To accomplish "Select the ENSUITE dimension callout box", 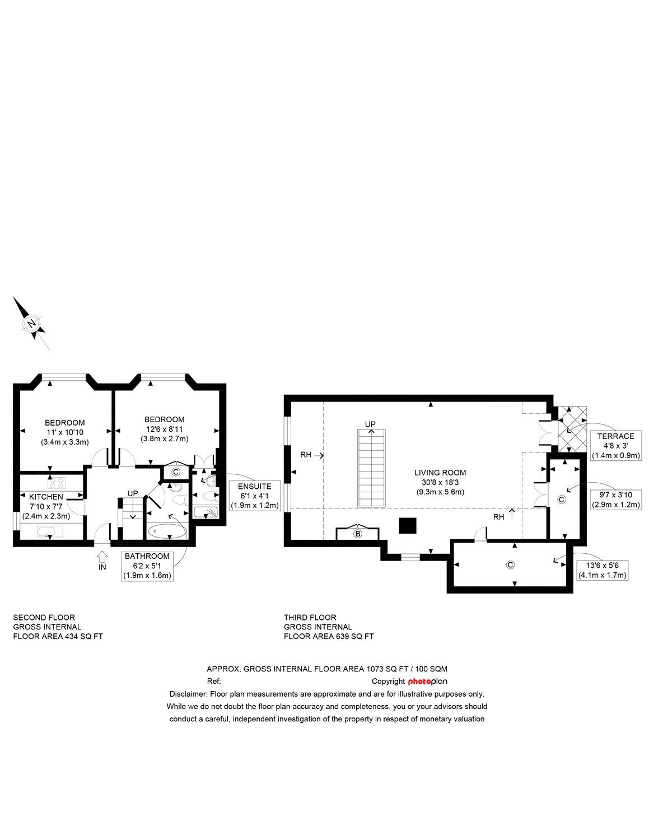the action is pyautogui.click(x=254, y=496).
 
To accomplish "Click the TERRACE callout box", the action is pyautogui.click(x=616, y=446).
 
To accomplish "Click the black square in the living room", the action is pyautogui.click(x=408, y=526).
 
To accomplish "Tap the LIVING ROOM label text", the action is pyautogui.click(x=440, y=473).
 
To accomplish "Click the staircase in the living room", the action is pyautogui.click(x=371, y=468).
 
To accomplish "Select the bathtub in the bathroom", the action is pyautogui.click(x=167, y=531).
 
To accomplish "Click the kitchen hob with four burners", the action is pyautogui.click(x=57, y=483).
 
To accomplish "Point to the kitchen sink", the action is pyautogui.click(x=50, y=531).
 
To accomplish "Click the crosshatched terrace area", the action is pyautogui.click(x=572, y=429).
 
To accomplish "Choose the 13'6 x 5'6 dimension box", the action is pyautogui.click(x=602, y=570).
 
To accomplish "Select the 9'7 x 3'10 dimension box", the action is pyautogui.click(x=616, y=500).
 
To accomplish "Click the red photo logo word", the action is pyautogui.click(x=419, y=682).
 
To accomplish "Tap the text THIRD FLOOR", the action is pyautogui.click(x=310, y=617).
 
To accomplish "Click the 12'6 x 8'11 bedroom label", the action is pyautogui.click(x=164, y=429).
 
